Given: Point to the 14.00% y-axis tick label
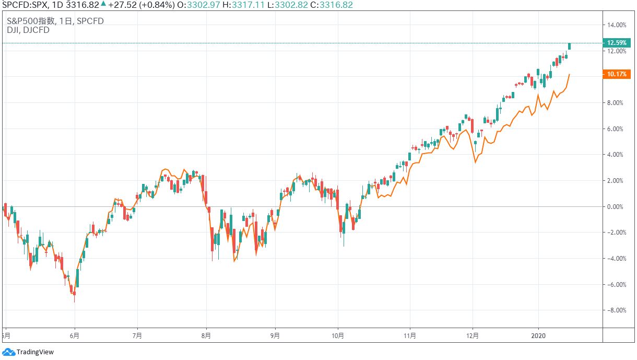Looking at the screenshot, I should [x=617, y=25].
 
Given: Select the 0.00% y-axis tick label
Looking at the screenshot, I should [x=618, y=206].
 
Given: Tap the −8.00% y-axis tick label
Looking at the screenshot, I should [x=616, y=310].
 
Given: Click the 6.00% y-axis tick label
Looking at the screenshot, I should [x=618, y=129].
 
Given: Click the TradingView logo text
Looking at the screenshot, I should [x=34, y=352].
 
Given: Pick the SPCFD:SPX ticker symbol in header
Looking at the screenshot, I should [x=23, y=5].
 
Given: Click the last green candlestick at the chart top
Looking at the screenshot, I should [x=570, y=46].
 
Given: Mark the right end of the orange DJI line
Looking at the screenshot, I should [x=570, y=74].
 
